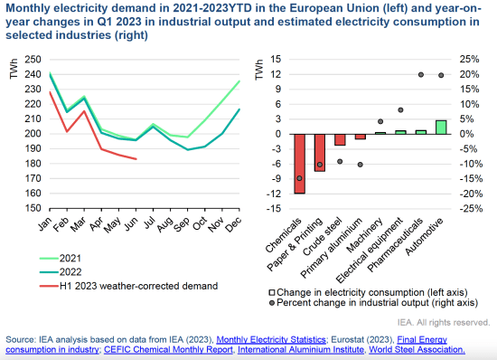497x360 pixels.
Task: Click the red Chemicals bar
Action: (x=299, y=164)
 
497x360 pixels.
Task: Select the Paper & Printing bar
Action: (x=319, y=152)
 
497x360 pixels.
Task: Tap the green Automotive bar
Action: (x=441, y=127)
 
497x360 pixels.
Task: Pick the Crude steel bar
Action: (x=340, y=139)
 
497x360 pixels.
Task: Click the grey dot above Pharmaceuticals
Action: (x=421, y=74)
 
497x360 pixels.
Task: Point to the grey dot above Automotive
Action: (x=441, y=75)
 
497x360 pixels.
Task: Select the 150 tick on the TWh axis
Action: (x=31, y=208)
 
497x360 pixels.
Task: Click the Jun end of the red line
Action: (x=136, y=159)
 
